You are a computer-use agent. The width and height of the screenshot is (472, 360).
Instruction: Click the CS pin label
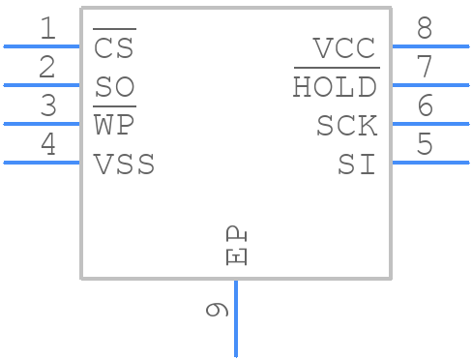pos(113,48)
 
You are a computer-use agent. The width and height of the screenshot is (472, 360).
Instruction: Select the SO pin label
pos(114,88)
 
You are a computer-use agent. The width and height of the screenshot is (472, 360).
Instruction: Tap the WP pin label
pos(113,126)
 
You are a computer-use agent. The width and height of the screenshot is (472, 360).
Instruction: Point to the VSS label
pos(124,165)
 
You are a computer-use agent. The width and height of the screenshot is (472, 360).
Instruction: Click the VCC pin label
pos(345,48)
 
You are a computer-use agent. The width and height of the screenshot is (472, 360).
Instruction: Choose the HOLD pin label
pos(336,88)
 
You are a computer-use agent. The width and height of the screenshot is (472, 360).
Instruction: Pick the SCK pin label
pos(346,126)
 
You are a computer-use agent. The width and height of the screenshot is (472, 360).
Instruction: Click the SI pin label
pos(357,165)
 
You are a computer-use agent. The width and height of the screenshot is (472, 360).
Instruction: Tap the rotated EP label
pos(237,246)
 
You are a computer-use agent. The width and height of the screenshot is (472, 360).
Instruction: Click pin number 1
pos(47,29)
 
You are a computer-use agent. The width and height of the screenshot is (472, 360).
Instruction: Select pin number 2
pos(47,68)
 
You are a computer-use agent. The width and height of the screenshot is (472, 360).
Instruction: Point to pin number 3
pos(47,106)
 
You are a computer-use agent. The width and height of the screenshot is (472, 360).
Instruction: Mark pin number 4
pos(47,145)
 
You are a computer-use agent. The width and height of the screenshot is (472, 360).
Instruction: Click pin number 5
pos(425,145)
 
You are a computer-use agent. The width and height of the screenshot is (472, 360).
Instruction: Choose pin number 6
pos(425,106)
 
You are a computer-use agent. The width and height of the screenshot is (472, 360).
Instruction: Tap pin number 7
pos(425,68)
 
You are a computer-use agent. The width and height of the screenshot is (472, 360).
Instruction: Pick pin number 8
pos(425,29)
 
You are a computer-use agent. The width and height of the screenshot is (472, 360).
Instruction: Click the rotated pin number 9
pos(218,310)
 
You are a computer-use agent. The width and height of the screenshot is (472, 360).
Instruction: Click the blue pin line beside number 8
pos(429,45)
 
